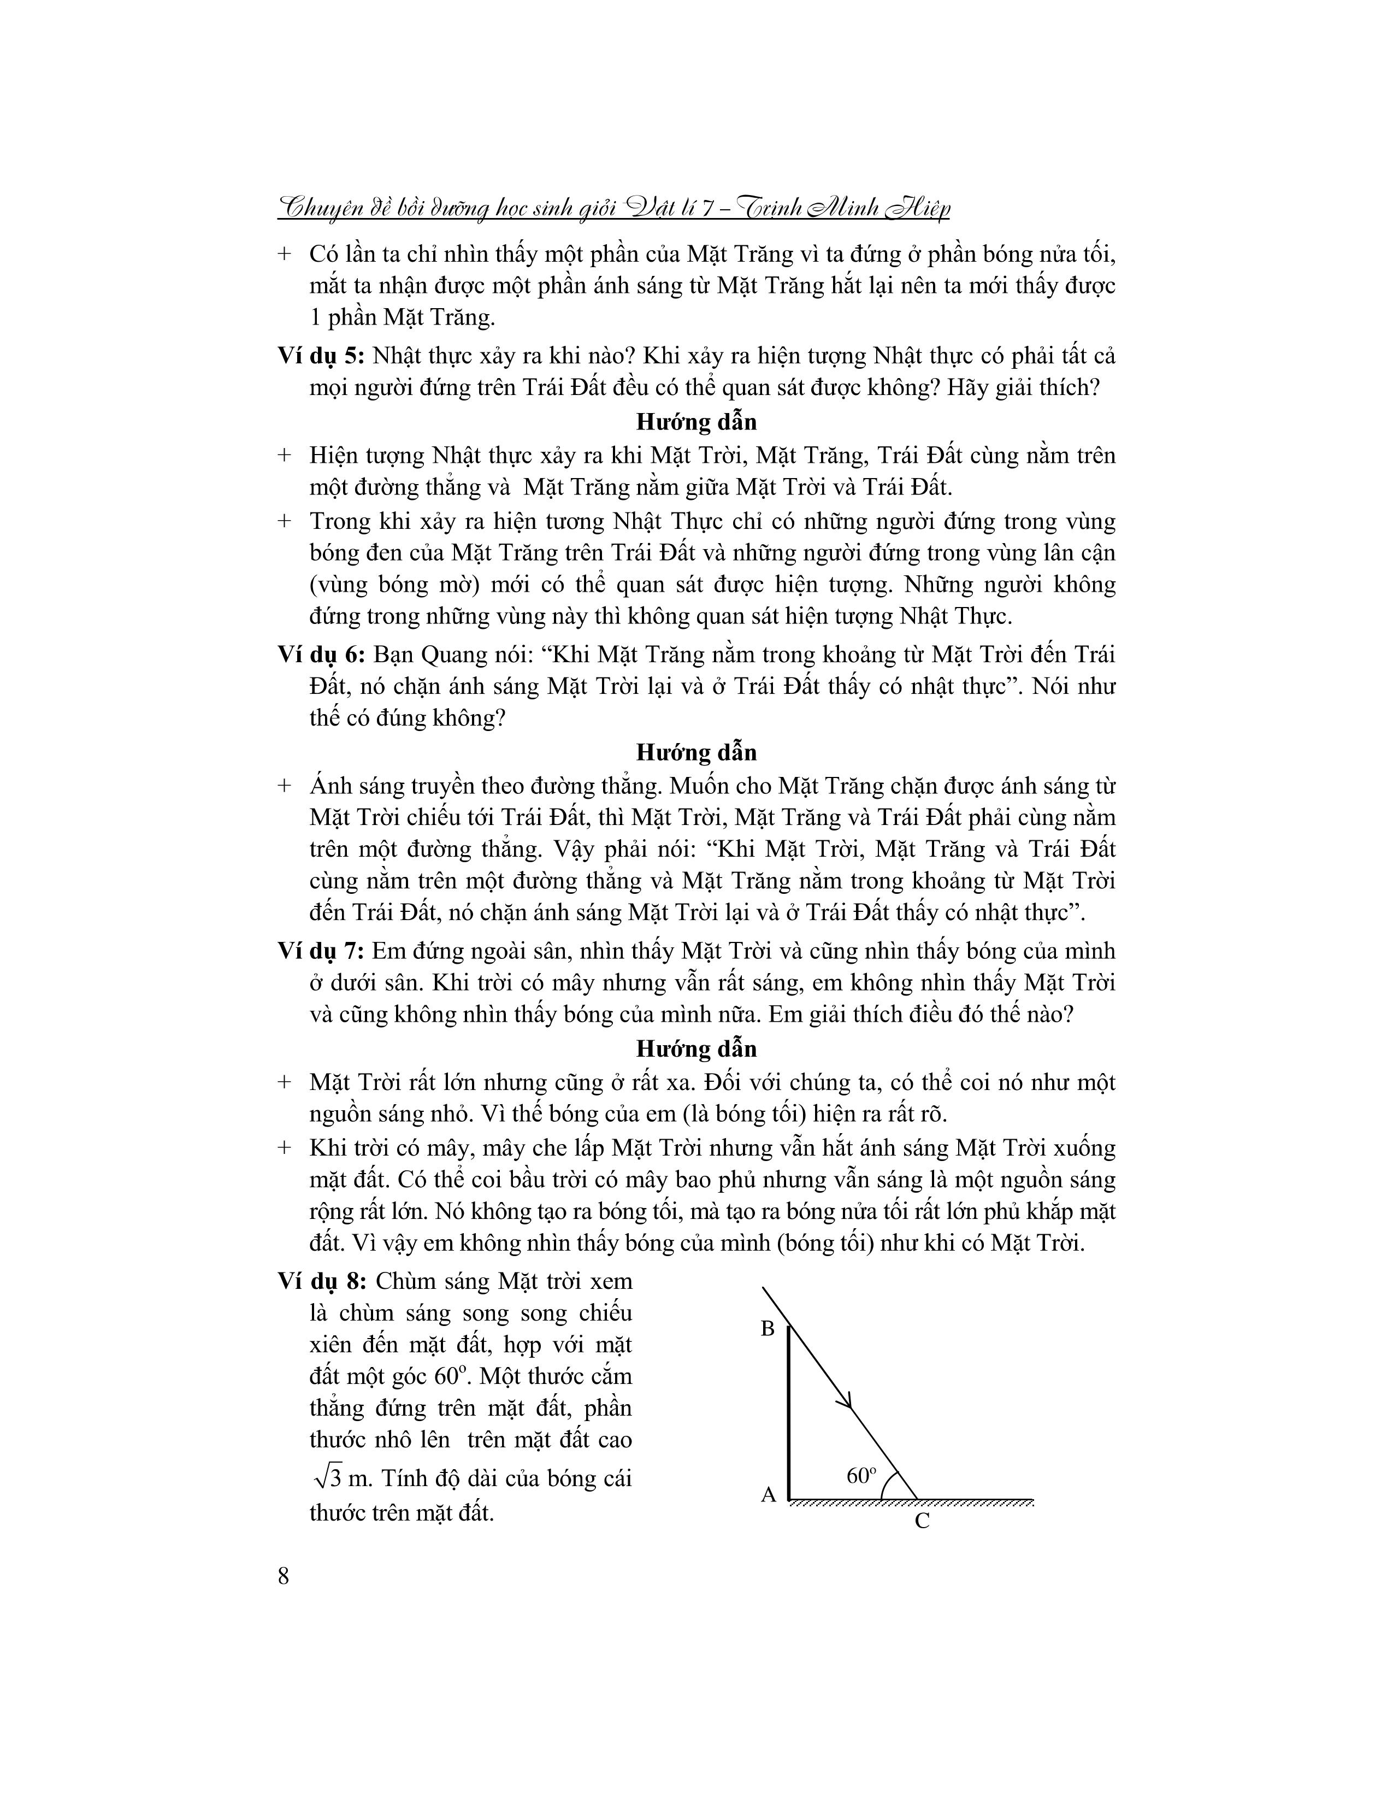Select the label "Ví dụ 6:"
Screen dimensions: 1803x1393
coord(320,655)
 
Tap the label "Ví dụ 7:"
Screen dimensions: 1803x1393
coord(320,951)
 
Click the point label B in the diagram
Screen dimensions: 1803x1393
coord(768,1328)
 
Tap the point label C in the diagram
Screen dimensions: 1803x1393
coord(923,1521)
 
